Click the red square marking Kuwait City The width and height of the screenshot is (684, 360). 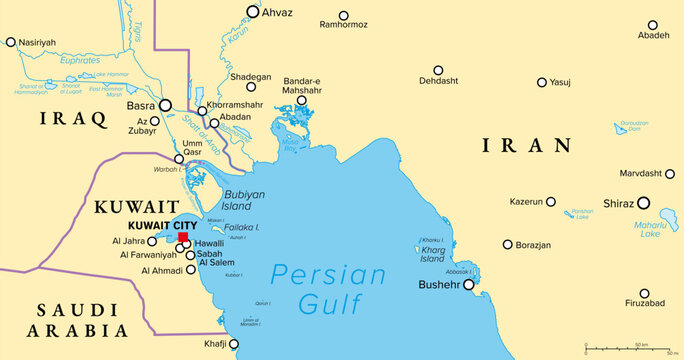tap(182, 238)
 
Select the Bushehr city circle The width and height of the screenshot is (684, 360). tap(468, 284)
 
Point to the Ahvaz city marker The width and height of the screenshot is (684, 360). tap(253, 13)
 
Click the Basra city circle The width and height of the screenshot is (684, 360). tap(166, 105)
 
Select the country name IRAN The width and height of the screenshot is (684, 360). tap(527, 146)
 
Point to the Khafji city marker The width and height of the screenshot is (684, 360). tap(235, 343)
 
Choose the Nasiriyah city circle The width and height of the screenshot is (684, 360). tap(11, 42)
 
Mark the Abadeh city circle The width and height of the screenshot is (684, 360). tap(652, 25)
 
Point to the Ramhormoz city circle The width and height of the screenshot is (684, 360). tap(344, 16)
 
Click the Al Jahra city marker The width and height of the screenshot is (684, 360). tap(152, 241)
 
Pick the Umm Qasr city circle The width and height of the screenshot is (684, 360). tap(179, 159)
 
